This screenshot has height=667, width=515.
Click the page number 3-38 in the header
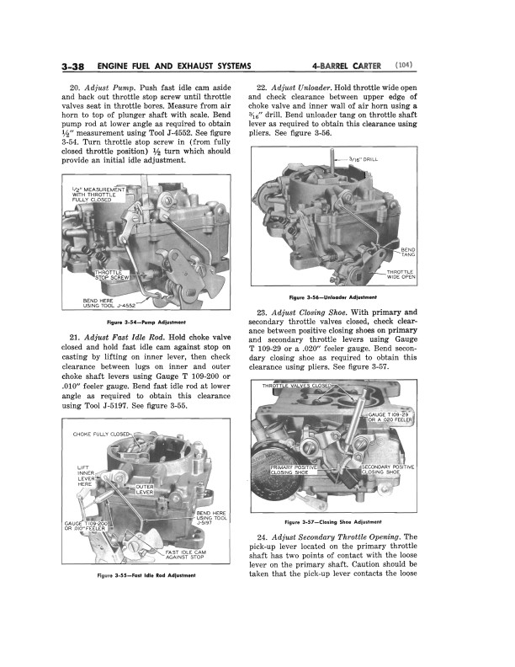(73, 67)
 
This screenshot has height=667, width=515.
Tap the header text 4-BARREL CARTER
(346, 66)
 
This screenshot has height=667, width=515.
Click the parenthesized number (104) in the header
(403, 66)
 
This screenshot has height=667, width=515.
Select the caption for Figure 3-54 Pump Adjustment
(146, 322)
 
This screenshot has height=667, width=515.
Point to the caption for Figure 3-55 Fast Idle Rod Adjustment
(146, 575)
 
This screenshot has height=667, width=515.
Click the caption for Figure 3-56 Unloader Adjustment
(332, 297)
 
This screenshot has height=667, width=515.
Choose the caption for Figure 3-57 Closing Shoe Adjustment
(333, 521)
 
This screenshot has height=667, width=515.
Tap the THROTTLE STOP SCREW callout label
(112, 275)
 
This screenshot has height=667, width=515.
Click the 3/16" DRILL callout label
(363, 159)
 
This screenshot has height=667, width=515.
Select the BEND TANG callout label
(408, 252)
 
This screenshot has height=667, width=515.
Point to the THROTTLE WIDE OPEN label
(401, 275)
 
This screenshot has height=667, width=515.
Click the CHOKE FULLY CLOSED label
(101, 435)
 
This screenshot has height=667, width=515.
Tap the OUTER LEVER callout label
(145, 489)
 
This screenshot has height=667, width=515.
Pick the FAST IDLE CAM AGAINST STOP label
(185, 555)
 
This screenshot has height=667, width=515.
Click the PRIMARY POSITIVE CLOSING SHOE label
(294, 470)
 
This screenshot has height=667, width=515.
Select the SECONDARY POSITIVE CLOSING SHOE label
(387, 470)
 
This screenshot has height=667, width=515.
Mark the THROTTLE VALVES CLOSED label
(296, 386)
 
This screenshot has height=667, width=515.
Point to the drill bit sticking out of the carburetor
(332, 161)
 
